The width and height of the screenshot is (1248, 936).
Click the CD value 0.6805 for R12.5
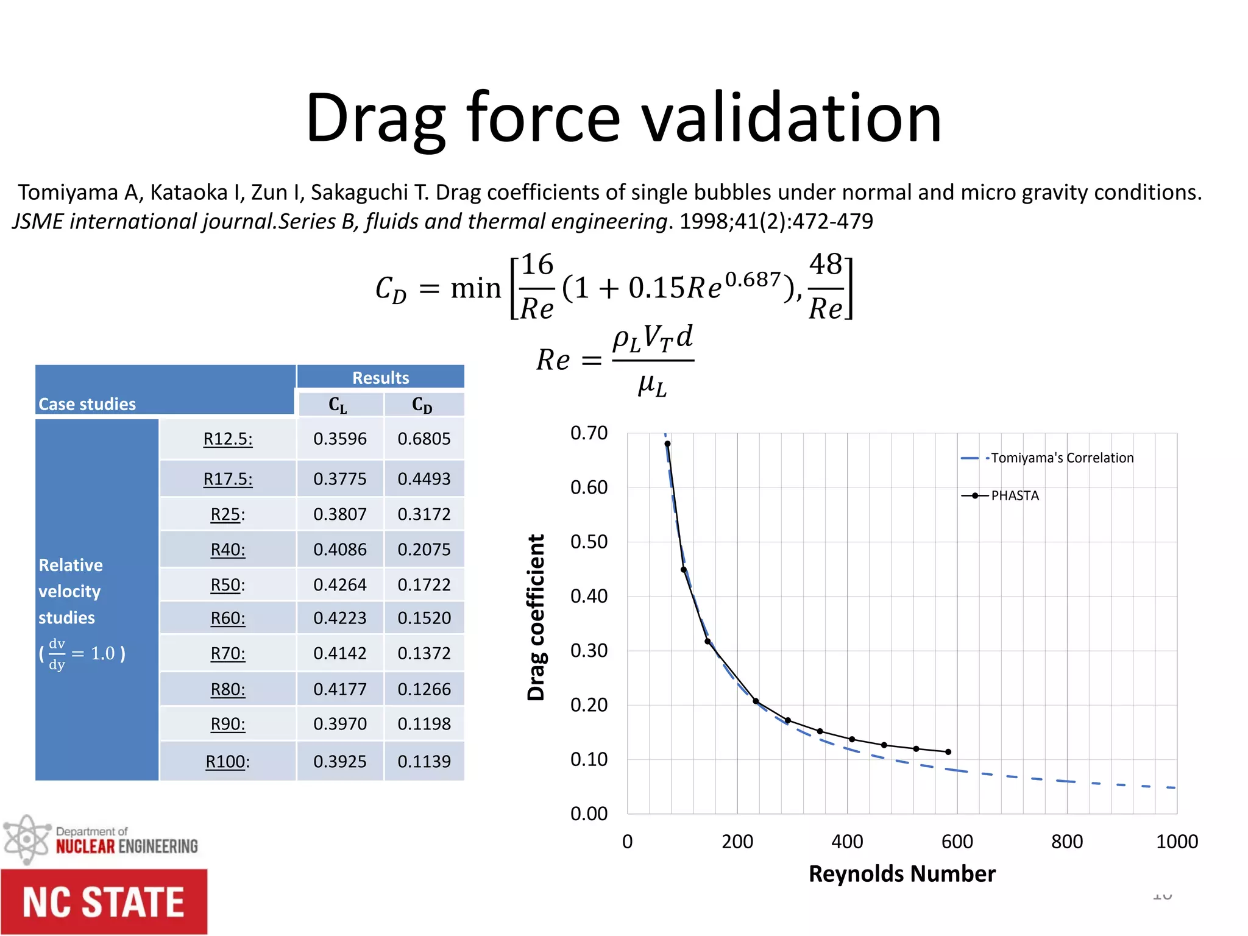(424, 439)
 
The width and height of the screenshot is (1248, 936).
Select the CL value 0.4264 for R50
(339, 585)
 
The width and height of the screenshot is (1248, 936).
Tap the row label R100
(227, 762)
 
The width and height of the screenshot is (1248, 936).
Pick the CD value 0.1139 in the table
(424, 762)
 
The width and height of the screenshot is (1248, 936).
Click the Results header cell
(380, 378)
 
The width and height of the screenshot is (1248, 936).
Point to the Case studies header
(87, 404)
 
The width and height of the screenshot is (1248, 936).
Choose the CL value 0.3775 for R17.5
(339, 479)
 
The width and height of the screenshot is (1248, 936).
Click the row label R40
(227, 550)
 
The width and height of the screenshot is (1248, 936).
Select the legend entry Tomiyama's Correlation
(1062, 458)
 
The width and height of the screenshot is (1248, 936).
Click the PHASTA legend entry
(1015, 495)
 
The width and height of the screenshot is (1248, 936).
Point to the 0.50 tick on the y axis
(589, 542)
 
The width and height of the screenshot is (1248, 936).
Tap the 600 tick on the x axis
(957, 842)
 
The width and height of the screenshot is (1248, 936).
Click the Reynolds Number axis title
(901, 874)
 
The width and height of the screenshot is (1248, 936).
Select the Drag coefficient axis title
(536, 617)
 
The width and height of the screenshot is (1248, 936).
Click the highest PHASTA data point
(667, 444)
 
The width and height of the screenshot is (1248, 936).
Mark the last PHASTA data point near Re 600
(948, 752)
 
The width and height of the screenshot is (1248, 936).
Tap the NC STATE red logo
(104, 902)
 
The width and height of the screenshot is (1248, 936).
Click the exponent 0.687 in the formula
(753, 280)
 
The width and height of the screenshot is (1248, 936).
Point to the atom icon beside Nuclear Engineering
(26, 840)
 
